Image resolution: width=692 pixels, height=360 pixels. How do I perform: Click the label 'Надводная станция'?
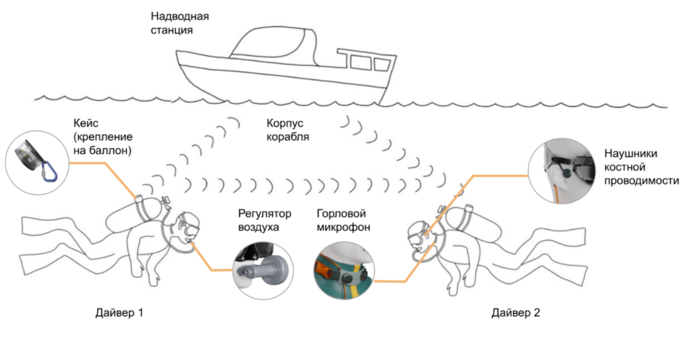pyautogui.click(x=179, y=23)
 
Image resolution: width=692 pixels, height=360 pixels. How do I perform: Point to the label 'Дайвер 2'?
pyautogui.click(x=515, y=312)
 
